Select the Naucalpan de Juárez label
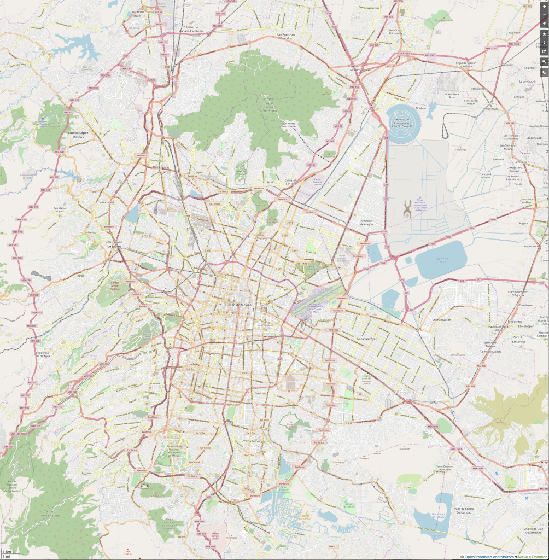(113, 244)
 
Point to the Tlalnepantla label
(161, 167)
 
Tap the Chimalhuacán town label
(441, 319)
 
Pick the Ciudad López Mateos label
(78, 134)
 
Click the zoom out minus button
(544, 14)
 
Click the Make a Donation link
(533, 557)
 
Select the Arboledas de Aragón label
(366, 223)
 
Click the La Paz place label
(434, 402)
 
